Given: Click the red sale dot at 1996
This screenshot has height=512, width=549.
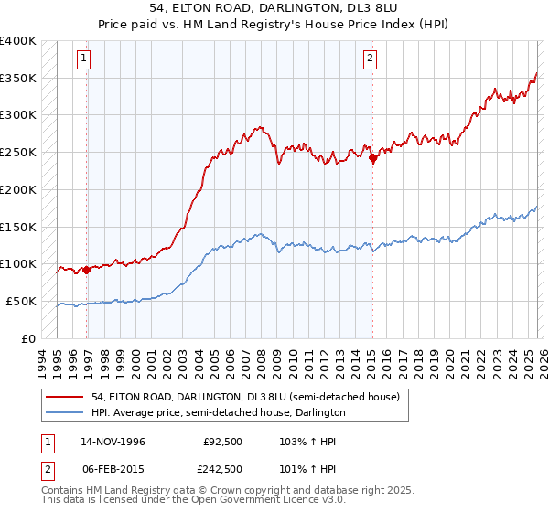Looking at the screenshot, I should click(x=86, y=269).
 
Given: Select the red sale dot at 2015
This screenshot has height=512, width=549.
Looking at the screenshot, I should click(x=372, y=157).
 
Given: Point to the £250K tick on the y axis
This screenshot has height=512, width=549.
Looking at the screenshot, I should click(x=18, y=152).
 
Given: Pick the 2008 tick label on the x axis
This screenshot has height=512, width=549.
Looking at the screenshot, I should click(x=263, y=358).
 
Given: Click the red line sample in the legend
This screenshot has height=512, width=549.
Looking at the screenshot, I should click(x=64, y=398).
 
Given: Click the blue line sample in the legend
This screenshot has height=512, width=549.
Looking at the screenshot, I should click(x=64, y=413).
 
